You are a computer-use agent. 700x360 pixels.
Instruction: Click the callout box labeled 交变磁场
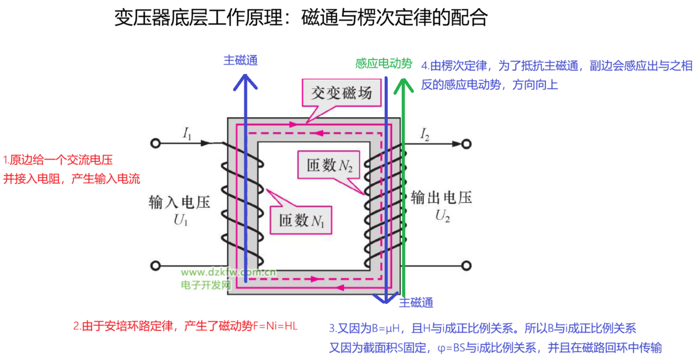342,93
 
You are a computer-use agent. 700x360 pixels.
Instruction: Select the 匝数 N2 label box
329,165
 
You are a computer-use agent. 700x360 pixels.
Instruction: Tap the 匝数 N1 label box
301,220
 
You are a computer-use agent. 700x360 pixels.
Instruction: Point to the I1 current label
187,133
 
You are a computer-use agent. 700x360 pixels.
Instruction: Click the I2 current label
425,134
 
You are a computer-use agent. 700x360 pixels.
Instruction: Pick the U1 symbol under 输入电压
180,220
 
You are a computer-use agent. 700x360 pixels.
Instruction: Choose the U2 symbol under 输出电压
442,215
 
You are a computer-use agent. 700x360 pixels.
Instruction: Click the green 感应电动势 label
383,64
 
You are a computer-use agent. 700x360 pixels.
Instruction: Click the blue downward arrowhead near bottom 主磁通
386,299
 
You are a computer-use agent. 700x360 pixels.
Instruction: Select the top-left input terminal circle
155,143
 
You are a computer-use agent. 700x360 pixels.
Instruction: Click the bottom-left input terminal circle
155,266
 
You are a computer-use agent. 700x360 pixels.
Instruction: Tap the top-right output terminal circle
466,144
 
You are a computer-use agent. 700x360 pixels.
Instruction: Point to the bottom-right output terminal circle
466,266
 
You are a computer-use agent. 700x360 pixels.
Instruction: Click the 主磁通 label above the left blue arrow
240,60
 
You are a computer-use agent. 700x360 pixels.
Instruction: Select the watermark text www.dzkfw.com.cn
228,273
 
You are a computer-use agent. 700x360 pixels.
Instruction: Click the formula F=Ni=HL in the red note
275,326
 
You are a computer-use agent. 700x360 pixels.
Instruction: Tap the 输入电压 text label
179,202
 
